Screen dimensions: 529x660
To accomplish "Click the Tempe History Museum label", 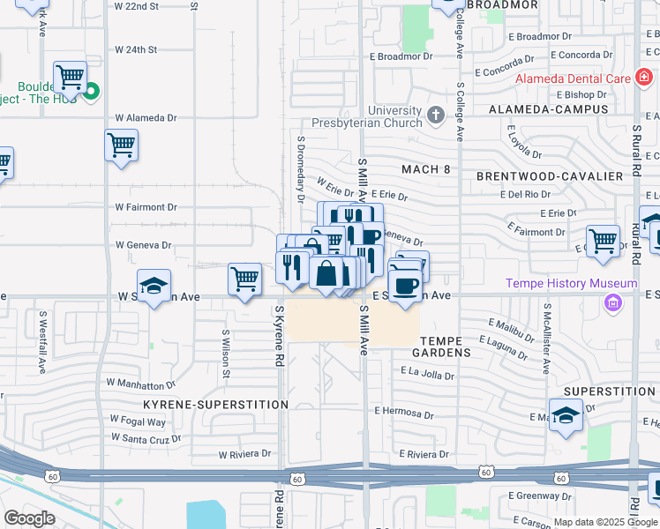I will click(571, 283).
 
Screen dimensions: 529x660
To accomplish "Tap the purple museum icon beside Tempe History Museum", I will click(611, 303).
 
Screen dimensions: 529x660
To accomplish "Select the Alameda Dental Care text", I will click(574, 78).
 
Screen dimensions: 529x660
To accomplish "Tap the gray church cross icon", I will click(435, 115).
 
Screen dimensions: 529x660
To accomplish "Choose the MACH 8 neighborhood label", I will click(425, 169).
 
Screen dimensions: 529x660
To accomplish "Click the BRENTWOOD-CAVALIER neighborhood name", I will click(549, 176).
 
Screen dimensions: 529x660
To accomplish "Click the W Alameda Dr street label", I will click(146, 117).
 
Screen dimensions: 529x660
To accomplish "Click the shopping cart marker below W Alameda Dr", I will click(121, 145).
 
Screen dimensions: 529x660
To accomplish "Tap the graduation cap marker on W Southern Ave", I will click(154, 287).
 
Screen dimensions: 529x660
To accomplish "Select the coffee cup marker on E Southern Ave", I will click(405, 287).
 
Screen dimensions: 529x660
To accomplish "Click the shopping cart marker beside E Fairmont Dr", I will click(603, 240).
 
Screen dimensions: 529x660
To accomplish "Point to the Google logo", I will click(29, 518).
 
